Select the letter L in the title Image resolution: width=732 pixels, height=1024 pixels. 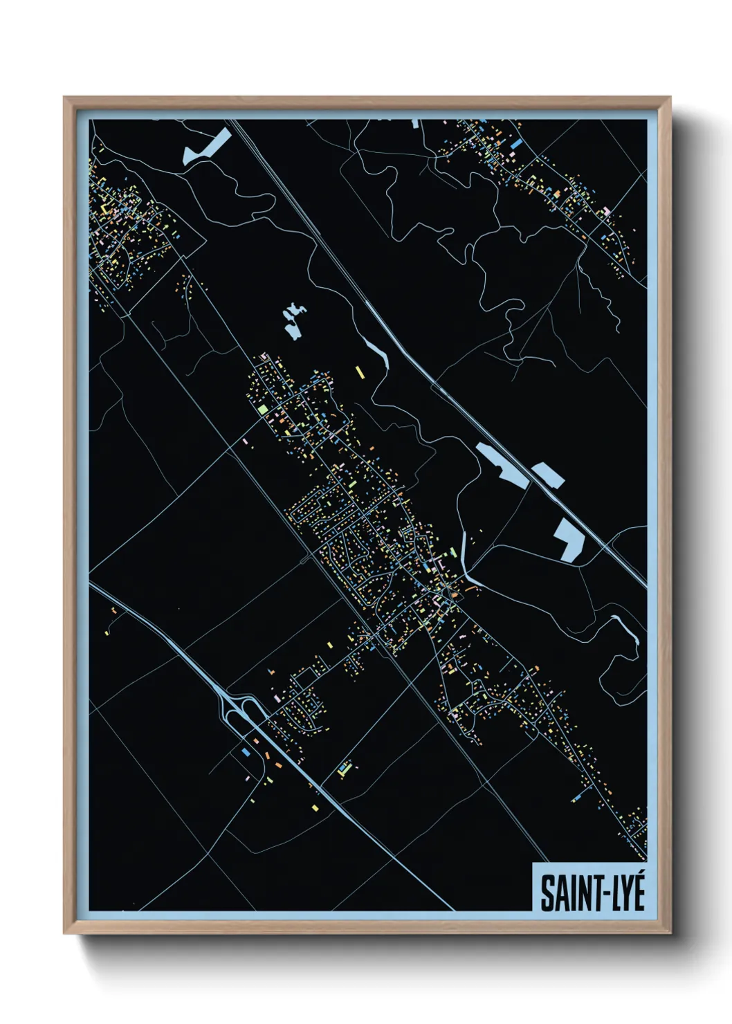pyautogui.click(x=604, y=893)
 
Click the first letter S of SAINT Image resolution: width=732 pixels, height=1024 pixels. pyautogui.click(x=546, y=893)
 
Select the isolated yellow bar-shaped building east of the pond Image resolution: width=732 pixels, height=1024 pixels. pyautogui.click(x=359, y=372)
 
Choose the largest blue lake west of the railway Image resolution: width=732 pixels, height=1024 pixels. pyautogui.click(x=504, y=463)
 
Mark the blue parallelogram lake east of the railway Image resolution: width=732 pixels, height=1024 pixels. pyautogui.click(x=548, y=475)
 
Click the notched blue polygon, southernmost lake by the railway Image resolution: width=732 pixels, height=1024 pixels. pyautogui.click(x=569, y=540)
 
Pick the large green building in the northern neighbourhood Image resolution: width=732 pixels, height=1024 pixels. pyautogui.click(x=262, y=409)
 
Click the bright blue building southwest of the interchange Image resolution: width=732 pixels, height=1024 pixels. pyautogui.click(x=245, y=751)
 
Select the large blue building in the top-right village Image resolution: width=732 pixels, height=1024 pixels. pyautogui.click(x=516, y=143)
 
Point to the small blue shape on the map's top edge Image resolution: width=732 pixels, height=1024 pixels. pyautogui.click(x=415, y=123)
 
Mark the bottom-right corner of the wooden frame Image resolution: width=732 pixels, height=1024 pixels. pyautogui.click(x=669, y=932)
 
